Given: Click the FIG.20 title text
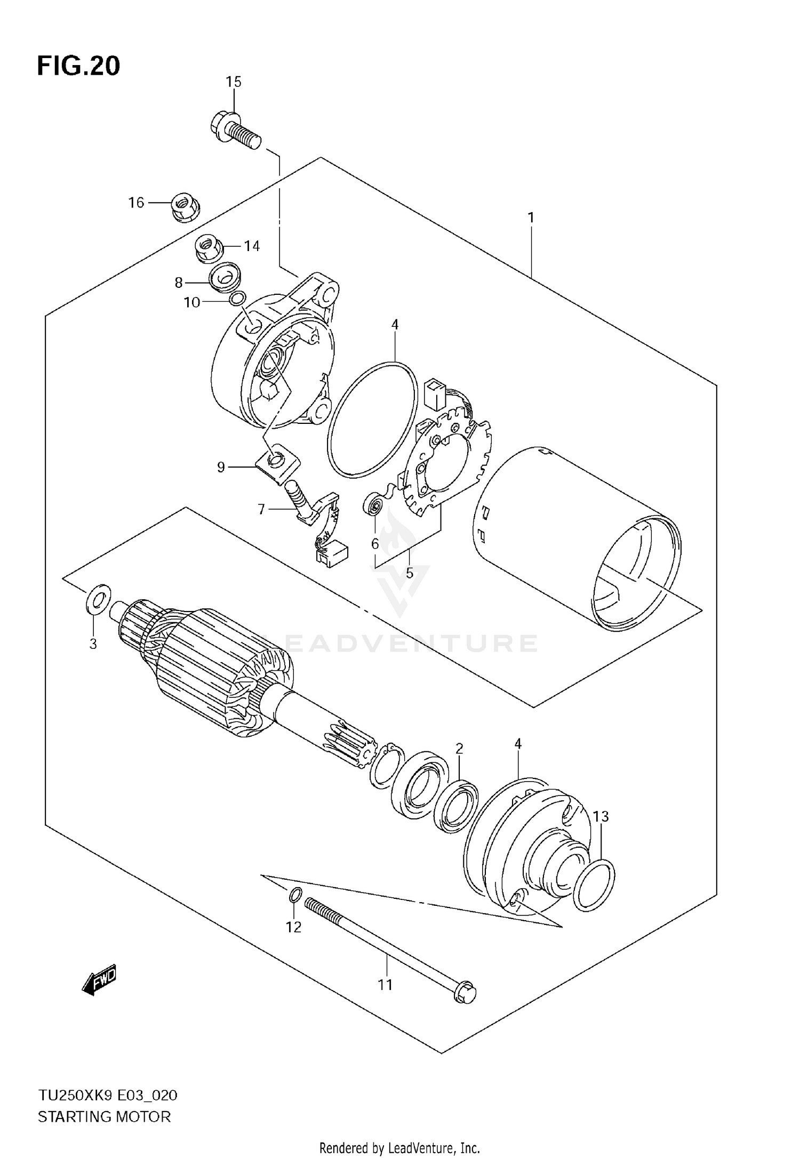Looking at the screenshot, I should [x=78, y=66].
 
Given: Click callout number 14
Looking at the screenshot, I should [x=252, y=246].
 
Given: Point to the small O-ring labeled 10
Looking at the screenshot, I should [x=238, y=298].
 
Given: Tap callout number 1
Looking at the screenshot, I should [x=531, y=218].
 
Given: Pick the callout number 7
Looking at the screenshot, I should [x=261, y=510].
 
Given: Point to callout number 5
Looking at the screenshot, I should [x=410, y=574].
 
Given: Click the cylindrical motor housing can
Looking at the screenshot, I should [x=576, y=538].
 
